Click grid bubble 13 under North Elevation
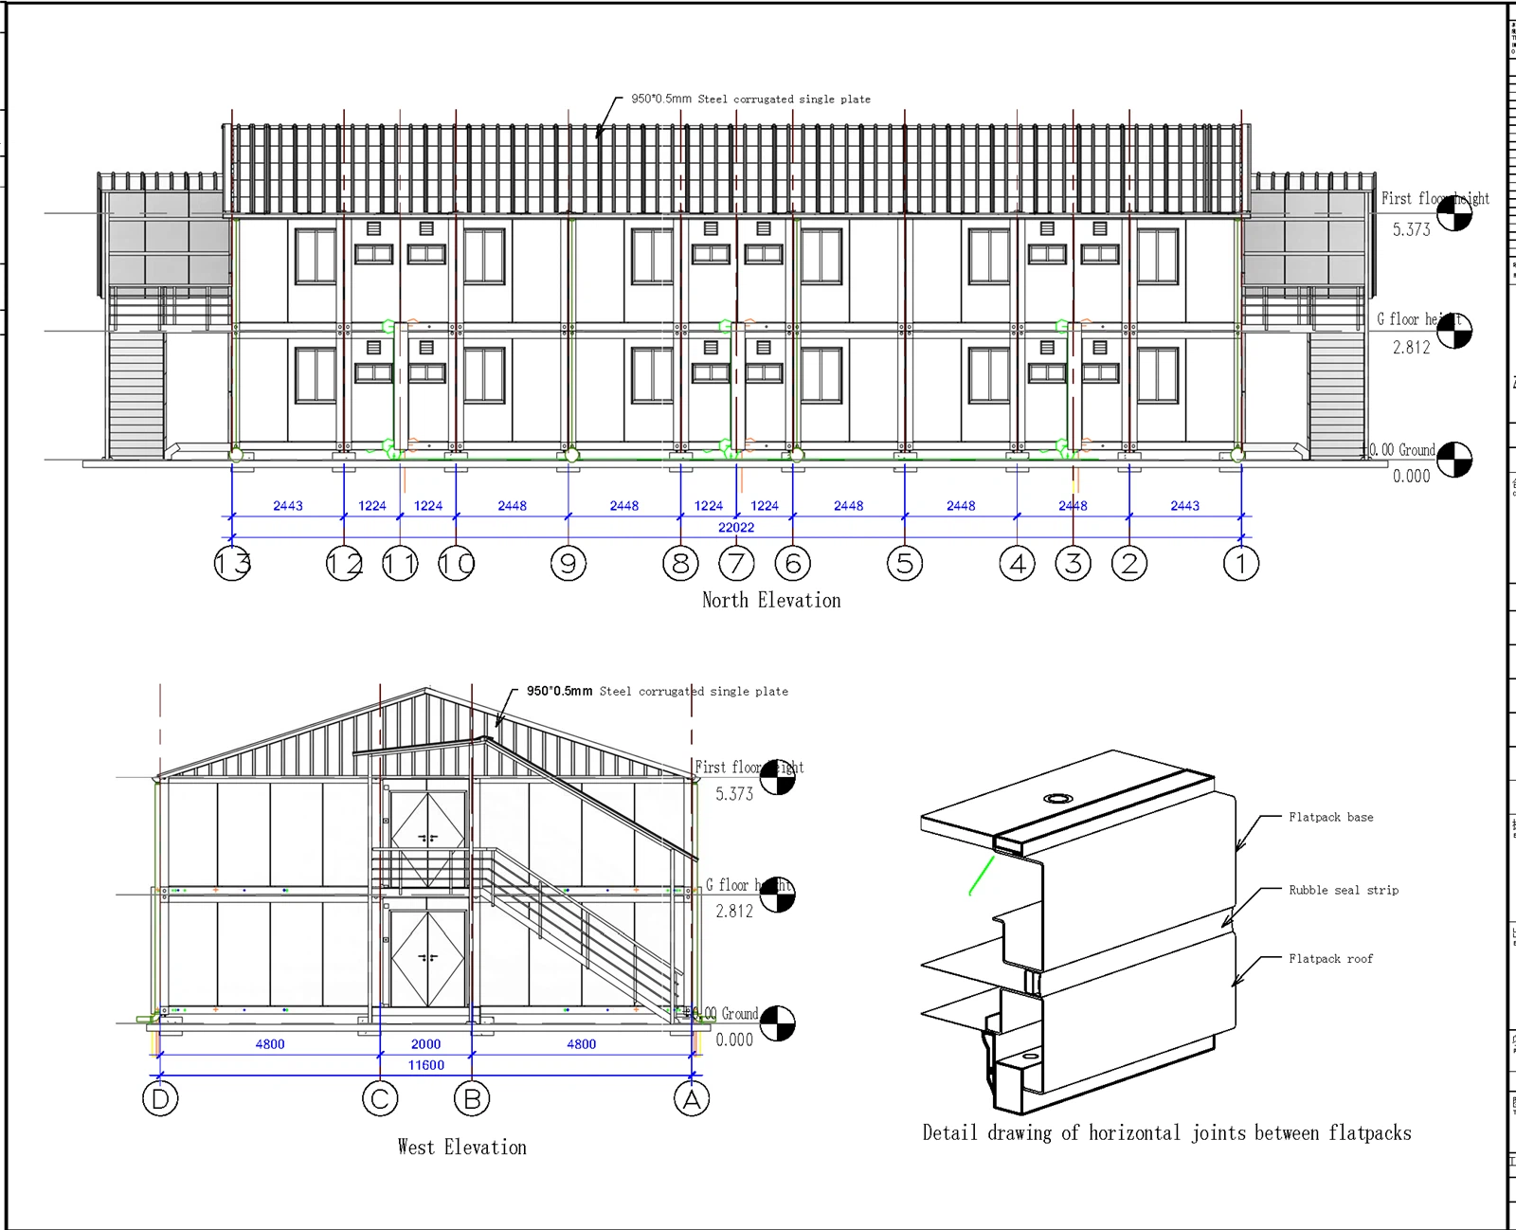point(232,564)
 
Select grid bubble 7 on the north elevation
point(736,564)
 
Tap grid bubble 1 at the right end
point(1240,564)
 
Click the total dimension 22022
point(736,528)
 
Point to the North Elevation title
point(771,600)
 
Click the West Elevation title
point(461,1147)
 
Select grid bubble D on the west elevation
point(160,1099)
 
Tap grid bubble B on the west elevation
point(472,1099)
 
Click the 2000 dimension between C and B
point(425,1044)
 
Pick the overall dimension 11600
point(425,1065)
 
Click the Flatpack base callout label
point(1330,817)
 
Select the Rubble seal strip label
point(1343,890)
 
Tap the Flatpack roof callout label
point(1330,959)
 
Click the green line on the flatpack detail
point(982,875)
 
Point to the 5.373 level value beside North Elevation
point(1411,229)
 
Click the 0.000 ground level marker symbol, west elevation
point(777,1023)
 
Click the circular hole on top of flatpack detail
point(1057,799)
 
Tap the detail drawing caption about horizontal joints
point(1166,1133)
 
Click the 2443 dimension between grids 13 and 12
point(288,506)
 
